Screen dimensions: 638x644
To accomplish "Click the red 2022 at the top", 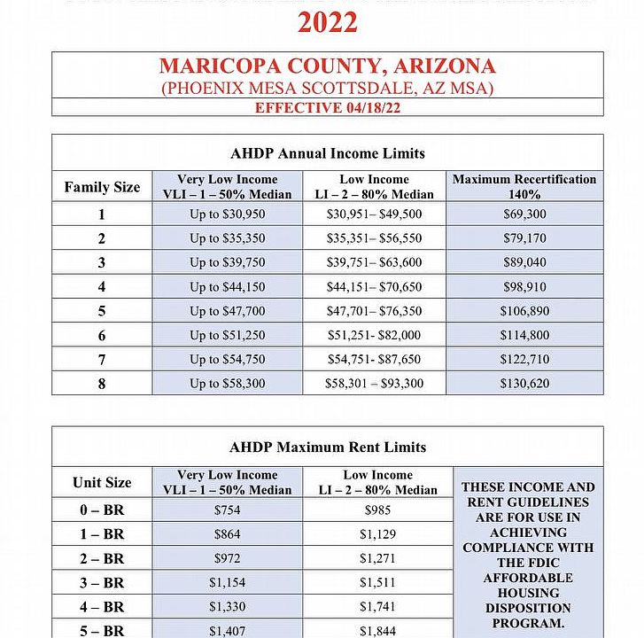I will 327,22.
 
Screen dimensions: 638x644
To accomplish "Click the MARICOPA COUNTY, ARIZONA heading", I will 327,66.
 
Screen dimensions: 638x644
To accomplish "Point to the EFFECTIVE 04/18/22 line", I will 327,108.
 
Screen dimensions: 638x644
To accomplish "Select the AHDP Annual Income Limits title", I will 327,153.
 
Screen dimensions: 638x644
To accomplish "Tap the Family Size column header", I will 102,187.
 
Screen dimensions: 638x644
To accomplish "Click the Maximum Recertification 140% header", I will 524,186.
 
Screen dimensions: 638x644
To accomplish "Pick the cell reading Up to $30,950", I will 228,214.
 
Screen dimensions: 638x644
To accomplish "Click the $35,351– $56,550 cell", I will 375,238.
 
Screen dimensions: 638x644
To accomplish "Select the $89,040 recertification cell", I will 524,262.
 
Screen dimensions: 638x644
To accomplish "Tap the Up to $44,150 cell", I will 228,287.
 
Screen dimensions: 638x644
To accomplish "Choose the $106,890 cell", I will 524,311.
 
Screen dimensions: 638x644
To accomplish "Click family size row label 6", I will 102,335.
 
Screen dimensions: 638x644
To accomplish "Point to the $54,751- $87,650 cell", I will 375,359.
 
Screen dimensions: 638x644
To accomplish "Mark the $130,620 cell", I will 524,384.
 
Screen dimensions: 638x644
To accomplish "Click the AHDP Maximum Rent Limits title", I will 327,447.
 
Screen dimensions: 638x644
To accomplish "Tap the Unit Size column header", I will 102,482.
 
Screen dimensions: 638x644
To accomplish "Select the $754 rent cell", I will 228,510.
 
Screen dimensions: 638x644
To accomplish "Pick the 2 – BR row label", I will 102,558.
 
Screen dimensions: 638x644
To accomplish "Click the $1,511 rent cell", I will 378,582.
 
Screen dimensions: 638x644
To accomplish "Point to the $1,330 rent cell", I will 228,606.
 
